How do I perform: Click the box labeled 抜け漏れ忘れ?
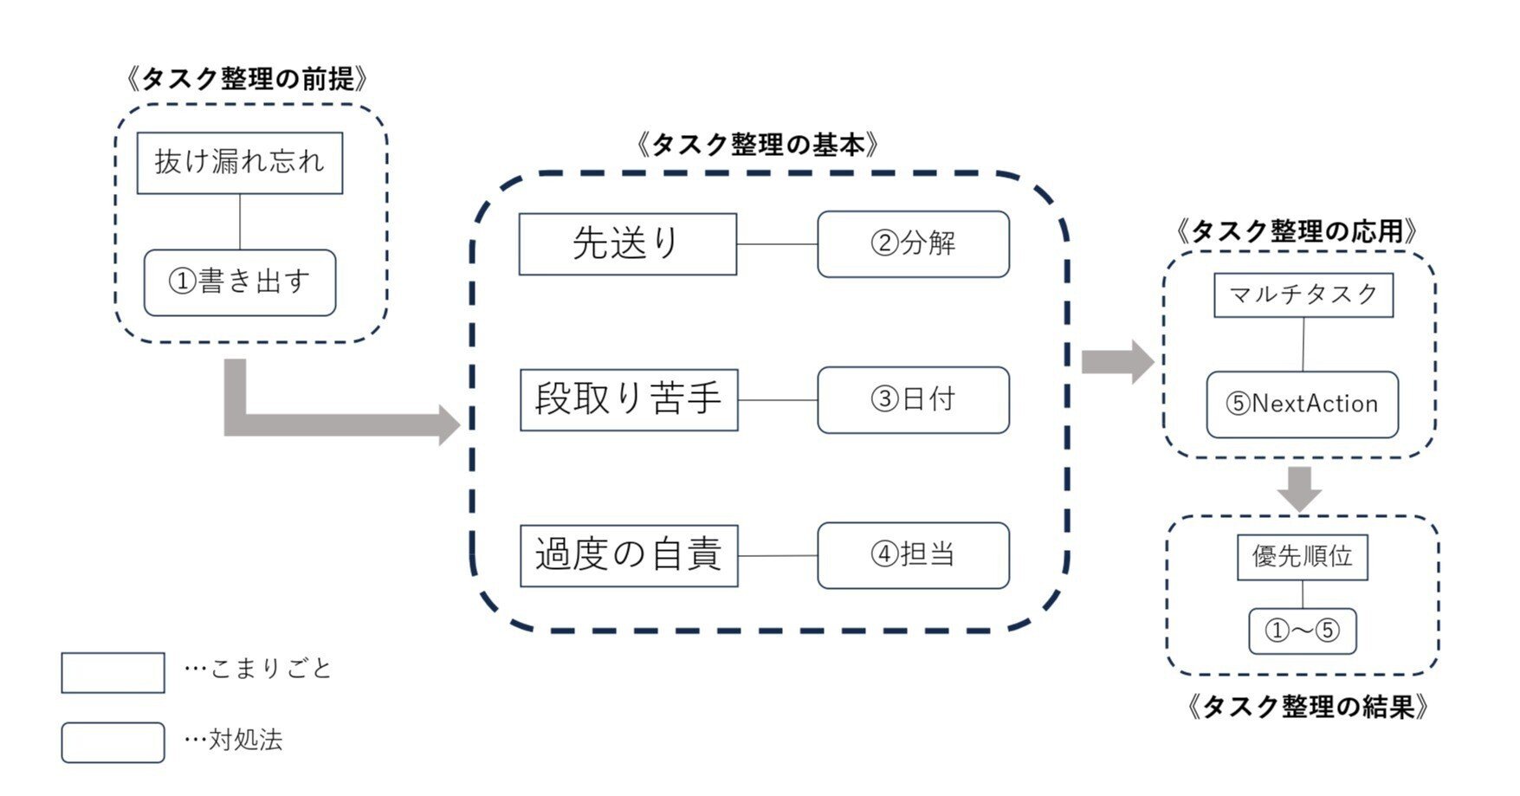240,163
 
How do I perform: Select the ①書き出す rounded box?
240,282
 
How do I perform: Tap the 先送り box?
628,244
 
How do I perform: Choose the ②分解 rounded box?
913,244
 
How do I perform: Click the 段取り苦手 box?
629,399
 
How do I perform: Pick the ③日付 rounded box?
913,399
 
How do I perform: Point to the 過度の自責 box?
629,555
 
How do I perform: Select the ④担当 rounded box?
913,555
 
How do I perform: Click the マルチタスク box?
1303,295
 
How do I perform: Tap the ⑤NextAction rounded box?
1302,404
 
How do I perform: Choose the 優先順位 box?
1302,557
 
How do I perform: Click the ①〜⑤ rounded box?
1302,631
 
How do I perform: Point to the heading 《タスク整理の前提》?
247,80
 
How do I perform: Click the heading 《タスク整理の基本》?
757,145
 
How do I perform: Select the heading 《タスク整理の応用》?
1297,231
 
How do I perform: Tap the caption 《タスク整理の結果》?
1307,707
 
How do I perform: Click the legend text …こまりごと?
258,669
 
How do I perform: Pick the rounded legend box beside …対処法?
113,742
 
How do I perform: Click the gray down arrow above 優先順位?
1299,489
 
